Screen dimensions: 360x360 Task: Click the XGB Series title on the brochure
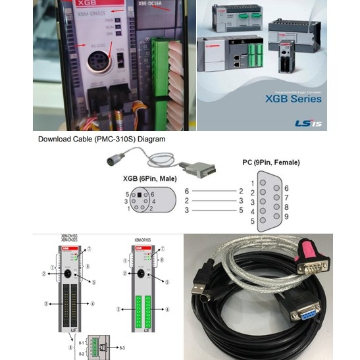[x=294, y=99]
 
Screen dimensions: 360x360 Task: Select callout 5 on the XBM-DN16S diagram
[x=94, y=282]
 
